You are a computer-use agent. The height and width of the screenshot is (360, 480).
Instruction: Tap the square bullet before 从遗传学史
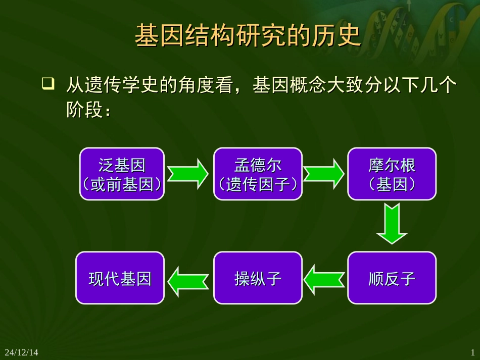tap(48, 84)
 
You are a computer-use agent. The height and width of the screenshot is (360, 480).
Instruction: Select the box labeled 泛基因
tap(122, 174)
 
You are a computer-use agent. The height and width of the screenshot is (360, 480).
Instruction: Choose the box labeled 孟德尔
tap(258, 174)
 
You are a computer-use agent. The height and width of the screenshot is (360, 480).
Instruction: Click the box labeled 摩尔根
tap(392, 174)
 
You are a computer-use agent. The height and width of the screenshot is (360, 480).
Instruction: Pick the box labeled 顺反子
tap(392, 278)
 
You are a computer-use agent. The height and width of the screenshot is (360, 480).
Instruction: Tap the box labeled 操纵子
tap(258, 278)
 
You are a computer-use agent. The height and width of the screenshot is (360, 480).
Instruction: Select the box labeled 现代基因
tap(120, 278)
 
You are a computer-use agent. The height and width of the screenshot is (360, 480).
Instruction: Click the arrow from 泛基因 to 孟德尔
tap(188, 174)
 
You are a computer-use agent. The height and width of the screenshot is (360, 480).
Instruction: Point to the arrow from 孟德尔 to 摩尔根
tap(324, 174)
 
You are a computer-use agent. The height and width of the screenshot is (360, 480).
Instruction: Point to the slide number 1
tap(473, 352)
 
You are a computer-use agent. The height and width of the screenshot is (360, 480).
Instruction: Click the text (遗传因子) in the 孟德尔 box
tap(258, 185)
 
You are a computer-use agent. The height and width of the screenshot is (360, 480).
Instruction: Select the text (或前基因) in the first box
tap(122, 185)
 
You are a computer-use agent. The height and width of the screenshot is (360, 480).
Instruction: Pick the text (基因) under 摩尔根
tap(392, 185)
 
